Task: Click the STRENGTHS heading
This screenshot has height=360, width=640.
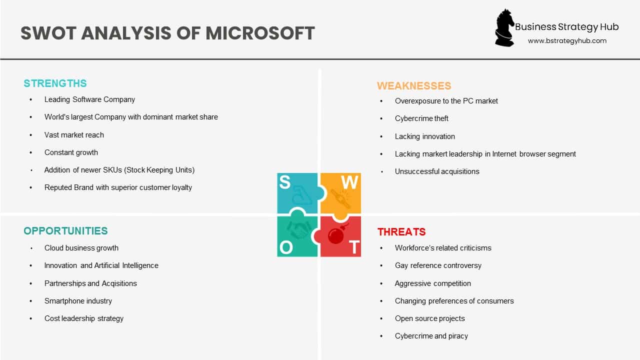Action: pos(55,83)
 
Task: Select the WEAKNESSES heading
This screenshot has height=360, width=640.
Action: pos(414,86)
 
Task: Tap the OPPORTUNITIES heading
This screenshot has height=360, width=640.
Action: pos(65,231)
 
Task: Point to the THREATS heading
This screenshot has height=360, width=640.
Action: pos(401,232)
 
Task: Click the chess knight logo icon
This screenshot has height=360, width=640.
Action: pos(504,28)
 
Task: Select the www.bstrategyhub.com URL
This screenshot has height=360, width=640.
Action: pos(567,41)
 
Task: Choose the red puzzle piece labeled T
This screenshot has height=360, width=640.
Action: pos(341,237)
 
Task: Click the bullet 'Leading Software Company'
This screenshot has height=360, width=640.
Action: pos(89,99)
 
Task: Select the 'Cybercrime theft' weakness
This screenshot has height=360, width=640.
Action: pos(421,118)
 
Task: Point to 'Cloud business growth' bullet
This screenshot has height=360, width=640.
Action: pos(81,248)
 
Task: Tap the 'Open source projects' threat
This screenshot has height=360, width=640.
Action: pos(429,318)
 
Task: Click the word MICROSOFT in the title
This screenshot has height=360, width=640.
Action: pos(260,33)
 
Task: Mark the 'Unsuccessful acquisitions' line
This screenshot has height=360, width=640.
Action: pos(437,171)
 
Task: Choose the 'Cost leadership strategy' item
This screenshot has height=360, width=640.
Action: pos(84,318)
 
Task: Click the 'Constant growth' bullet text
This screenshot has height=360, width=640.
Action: pos(71,152)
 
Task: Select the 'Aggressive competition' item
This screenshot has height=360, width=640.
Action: pos(432,283)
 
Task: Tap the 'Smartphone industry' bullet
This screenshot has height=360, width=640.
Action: pos(78,301)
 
